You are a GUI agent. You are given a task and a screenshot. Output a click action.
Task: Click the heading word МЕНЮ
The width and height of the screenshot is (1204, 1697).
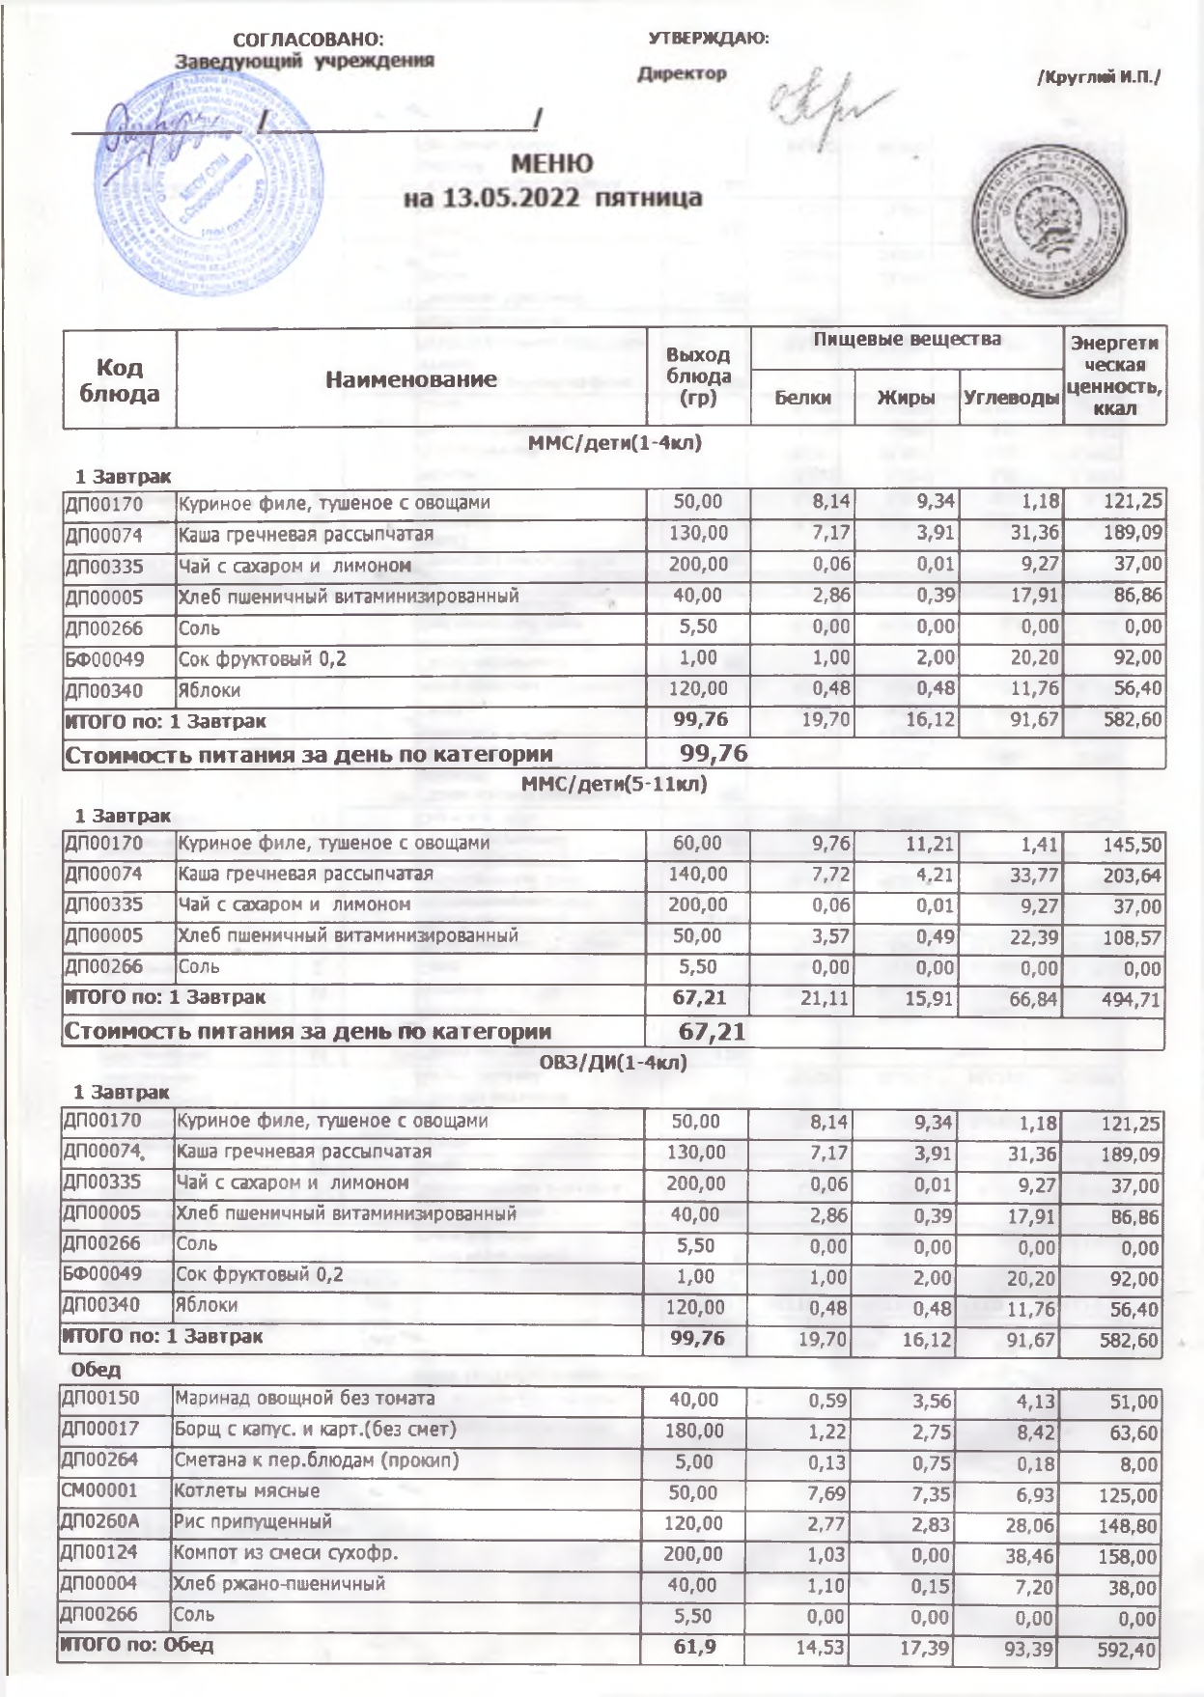552,163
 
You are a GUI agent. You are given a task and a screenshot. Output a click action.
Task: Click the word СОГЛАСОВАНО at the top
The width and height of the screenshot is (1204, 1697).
308,40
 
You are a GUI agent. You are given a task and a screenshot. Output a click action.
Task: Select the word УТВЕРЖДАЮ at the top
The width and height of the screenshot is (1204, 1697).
708,39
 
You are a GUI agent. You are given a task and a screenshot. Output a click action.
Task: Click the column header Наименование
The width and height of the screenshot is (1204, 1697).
411,379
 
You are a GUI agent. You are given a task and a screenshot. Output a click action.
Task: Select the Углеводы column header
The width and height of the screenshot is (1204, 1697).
1011,398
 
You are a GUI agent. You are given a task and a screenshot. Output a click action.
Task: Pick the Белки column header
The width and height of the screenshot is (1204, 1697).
802,398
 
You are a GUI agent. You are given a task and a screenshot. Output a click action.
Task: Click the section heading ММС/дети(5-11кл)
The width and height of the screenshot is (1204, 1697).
614,785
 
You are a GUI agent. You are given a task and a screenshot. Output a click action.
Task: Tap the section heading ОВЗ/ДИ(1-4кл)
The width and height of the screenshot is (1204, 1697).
614,1063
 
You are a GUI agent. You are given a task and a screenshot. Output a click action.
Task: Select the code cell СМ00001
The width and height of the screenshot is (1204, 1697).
100,1490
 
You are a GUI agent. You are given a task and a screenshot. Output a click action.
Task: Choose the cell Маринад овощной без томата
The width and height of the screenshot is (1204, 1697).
303,1398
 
